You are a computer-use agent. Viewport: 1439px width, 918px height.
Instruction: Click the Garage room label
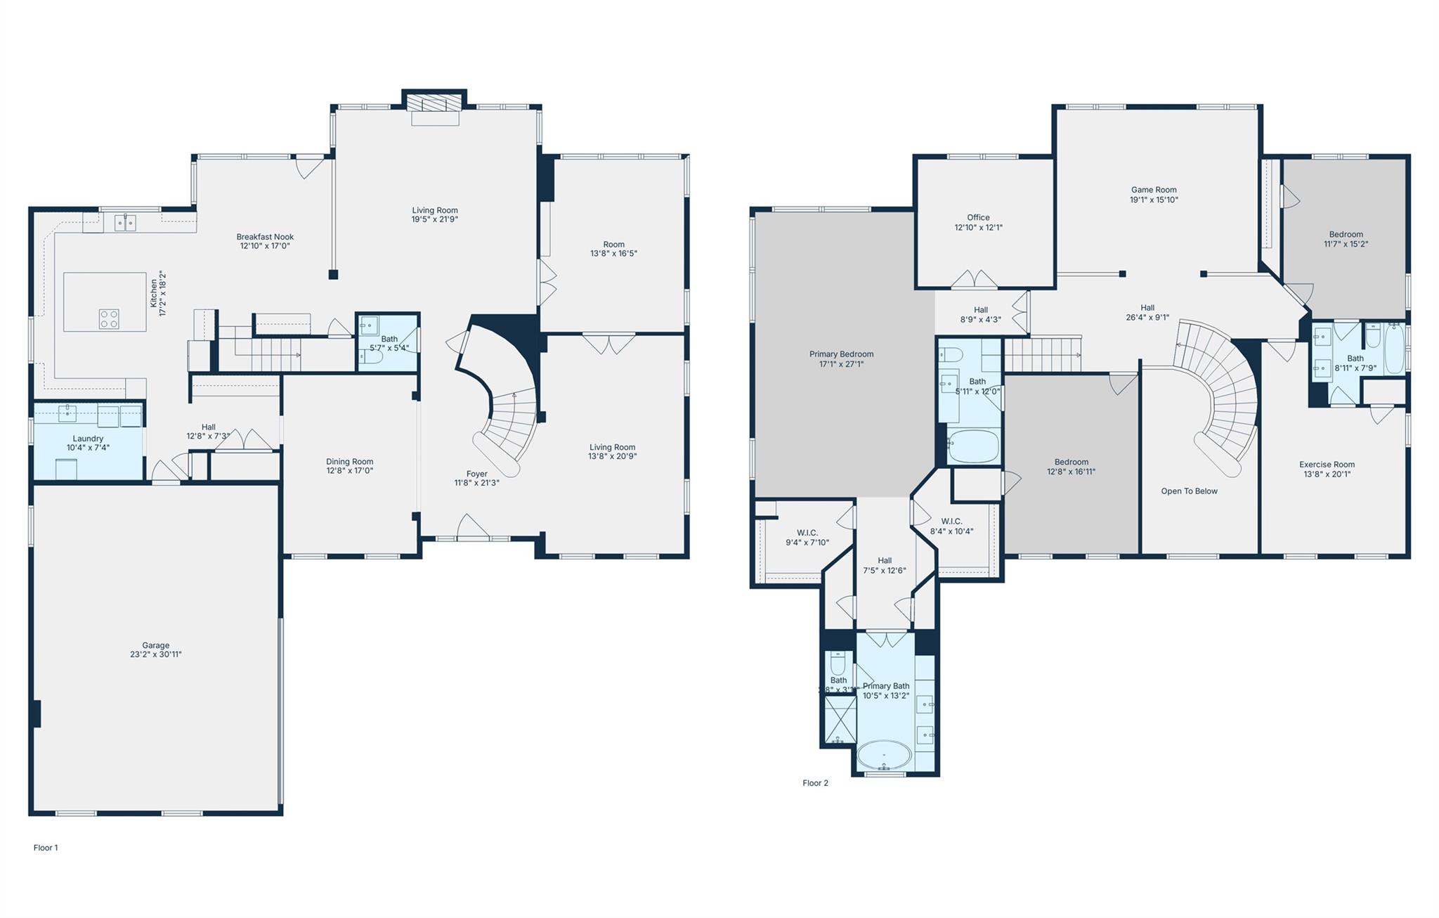[x=155, y=645]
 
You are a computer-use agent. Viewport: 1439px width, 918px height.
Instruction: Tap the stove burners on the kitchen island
[x=109, y=319]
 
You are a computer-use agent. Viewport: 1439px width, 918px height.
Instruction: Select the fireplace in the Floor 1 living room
[x=434, y=103]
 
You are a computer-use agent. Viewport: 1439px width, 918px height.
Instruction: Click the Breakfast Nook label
[x=265, y=237]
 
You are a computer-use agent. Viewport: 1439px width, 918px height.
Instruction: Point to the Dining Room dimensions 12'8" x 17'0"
[x=349, y=471]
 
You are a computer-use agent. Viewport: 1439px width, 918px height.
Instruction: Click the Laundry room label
[x=88, y=439]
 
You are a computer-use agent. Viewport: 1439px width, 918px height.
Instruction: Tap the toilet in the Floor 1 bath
[x=372, y=357]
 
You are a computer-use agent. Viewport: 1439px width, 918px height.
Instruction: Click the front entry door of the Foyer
[x=472, y=529]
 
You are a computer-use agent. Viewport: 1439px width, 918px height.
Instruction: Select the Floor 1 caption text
[x=46, y=848]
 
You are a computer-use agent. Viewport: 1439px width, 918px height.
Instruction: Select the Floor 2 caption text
[x=815, y=783]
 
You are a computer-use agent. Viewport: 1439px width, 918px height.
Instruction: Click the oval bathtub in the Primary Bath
[x=884, y=756]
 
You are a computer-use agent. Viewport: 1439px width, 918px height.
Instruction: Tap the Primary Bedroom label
[x=841, y=354]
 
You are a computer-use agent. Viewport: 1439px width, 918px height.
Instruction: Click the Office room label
[x=978, y=218]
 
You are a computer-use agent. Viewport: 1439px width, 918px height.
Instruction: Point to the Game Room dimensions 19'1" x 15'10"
[x=1154, y=200]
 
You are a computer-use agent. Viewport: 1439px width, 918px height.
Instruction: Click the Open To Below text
[x=1189, y=491]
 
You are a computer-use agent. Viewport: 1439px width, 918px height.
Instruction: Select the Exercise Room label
[x=1327, y=465]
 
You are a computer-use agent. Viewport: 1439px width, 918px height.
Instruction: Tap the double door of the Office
[x=975, y=280]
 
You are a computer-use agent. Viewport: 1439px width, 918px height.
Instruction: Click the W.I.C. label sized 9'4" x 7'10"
[x=807, y=533]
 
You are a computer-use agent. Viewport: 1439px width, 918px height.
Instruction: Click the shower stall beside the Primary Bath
[x=840, y=719]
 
